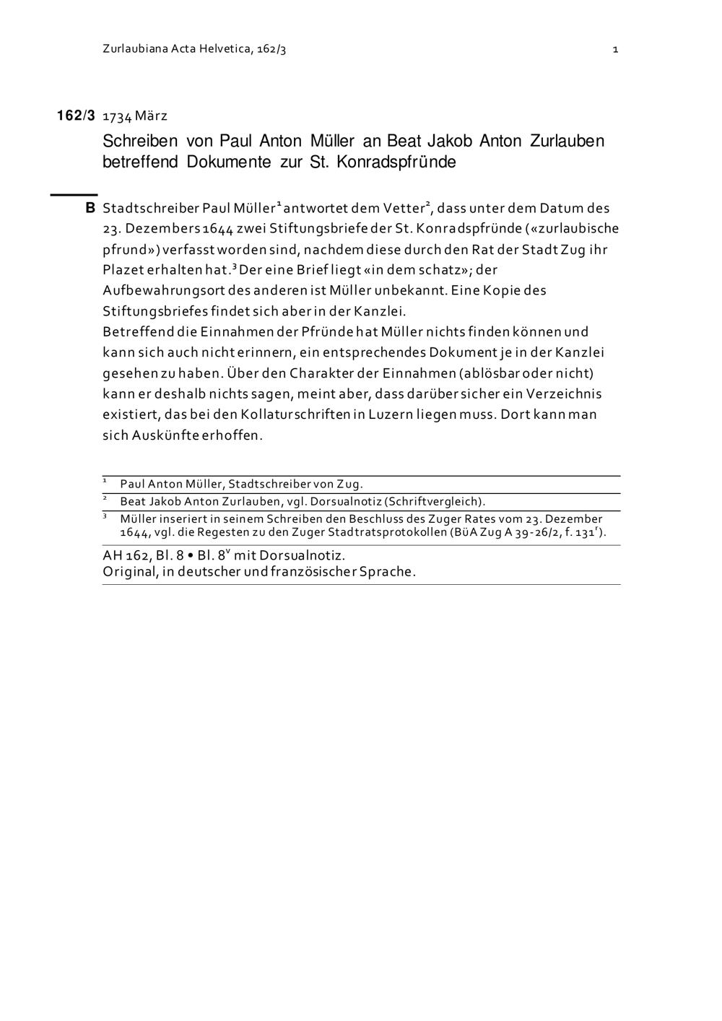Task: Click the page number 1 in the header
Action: (x=615, y=50)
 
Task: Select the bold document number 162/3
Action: (x=76, y=116)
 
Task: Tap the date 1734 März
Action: (x=135, y=116)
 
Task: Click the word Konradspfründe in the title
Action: (x=396, y=162)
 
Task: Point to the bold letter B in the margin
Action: (x=90, y=208)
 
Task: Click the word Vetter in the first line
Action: (x=404, y=208)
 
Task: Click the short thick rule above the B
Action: (x=73, y=194)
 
